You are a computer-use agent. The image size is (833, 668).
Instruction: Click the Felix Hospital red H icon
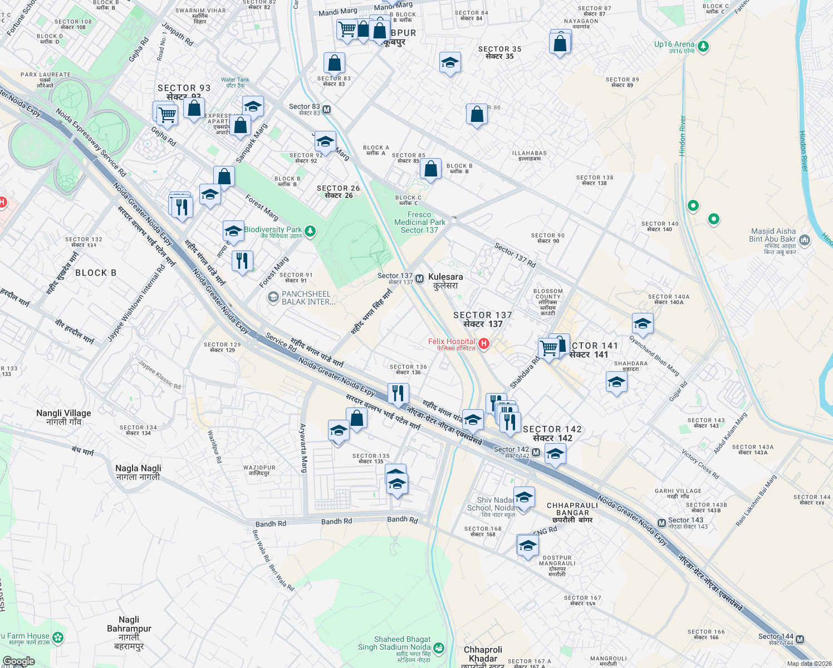[x=484, y=344]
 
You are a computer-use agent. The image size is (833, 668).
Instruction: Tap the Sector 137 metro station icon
[x=420, y=278]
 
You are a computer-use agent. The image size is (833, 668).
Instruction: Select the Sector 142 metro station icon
[x=536, y=453]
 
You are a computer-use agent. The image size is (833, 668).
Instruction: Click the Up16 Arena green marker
[x=703, y=46]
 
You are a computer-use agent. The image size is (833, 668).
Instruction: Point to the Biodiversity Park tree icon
[x=310, y=230]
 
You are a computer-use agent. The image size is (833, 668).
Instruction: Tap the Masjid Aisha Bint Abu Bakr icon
[x=804, y=240]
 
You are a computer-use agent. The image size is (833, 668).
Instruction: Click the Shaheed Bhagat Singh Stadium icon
[x=439, y=647]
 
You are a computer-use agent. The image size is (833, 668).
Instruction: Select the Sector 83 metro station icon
[x=327, y=110]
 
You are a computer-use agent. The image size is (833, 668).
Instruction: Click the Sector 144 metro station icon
[x=800, y=639]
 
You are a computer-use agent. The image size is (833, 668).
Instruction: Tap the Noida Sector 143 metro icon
[x=661, y=523]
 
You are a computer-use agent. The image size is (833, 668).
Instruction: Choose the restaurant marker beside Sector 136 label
[x=398, y=394]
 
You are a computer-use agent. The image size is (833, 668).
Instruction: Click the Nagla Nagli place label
[x=138, y=472]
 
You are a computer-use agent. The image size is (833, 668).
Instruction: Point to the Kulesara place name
[x=445, y=281]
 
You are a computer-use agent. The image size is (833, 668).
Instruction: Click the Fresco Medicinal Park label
[x=420, y=222]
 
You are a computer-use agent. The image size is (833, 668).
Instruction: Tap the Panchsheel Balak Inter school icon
[x=273, y=297]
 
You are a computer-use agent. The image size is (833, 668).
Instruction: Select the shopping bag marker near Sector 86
[x=477, y=115]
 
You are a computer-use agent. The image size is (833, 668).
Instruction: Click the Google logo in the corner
[x=18, y=661]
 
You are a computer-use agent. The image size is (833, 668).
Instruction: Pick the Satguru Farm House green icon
[x=58, y=637]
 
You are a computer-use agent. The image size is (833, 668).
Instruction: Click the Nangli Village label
[x=63, y=417]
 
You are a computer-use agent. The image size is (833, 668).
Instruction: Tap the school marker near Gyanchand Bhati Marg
[x=643, y=323]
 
